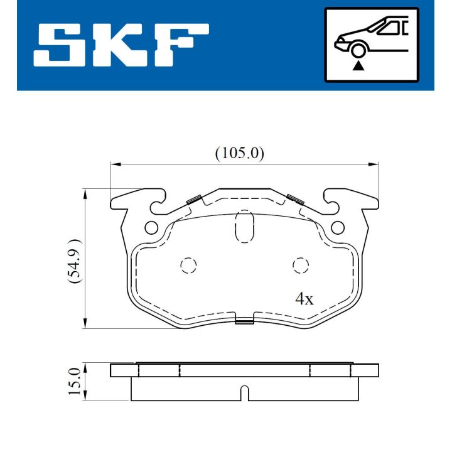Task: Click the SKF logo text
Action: pos(121,47)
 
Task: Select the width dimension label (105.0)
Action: pos(240,153)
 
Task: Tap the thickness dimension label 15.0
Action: pos(75,381)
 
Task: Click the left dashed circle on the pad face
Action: pos(188,266)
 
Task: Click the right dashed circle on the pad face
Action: pos(301,266)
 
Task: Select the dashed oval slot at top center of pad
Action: pos(244,226)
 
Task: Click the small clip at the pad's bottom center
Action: pos(244,321)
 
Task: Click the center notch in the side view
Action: pos(245,394)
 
